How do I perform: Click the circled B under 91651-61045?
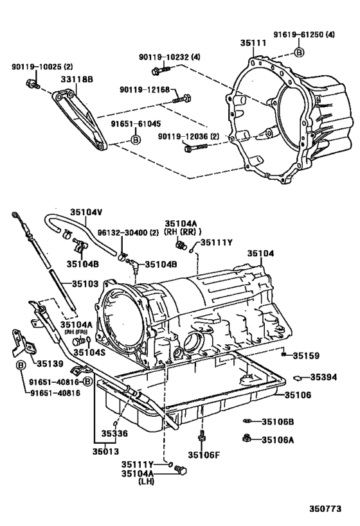point(136,139)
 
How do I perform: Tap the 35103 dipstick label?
point(84,283)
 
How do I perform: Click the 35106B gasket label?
point(278,421)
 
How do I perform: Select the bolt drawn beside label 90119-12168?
point(183,98)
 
